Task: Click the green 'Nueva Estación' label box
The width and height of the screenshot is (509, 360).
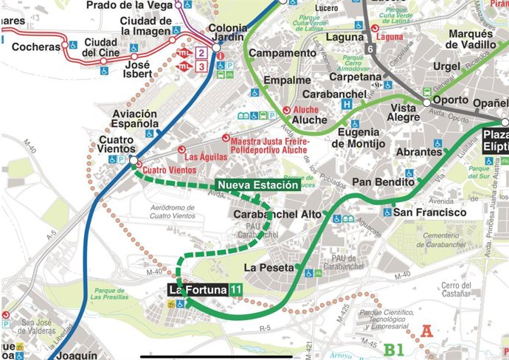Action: (257, 184)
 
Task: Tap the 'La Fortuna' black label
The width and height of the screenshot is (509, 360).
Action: (198, 290)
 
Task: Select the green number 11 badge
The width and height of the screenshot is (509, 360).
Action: (235, 290)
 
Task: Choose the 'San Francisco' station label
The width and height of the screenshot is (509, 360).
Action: (430, 212)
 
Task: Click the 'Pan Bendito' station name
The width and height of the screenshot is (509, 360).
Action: (383, 181)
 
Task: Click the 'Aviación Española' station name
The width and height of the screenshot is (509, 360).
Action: (134, 120)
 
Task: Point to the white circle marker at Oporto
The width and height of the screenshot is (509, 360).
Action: (426, 103)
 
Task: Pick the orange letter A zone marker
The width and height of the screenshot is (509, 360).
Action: (426, 332)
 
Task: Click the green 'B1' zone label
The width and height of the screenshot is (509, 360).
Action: (395, 348)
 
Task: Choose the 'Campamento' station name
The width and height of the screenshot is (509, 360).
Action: (282, 53)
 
